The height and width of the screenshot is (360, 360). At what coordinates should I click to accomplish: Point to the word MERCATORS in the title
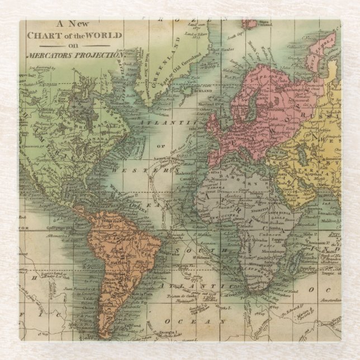pos(53,55)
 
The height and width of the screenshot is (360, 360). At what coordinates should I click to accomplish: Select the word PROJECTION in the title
pos(103,55)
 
